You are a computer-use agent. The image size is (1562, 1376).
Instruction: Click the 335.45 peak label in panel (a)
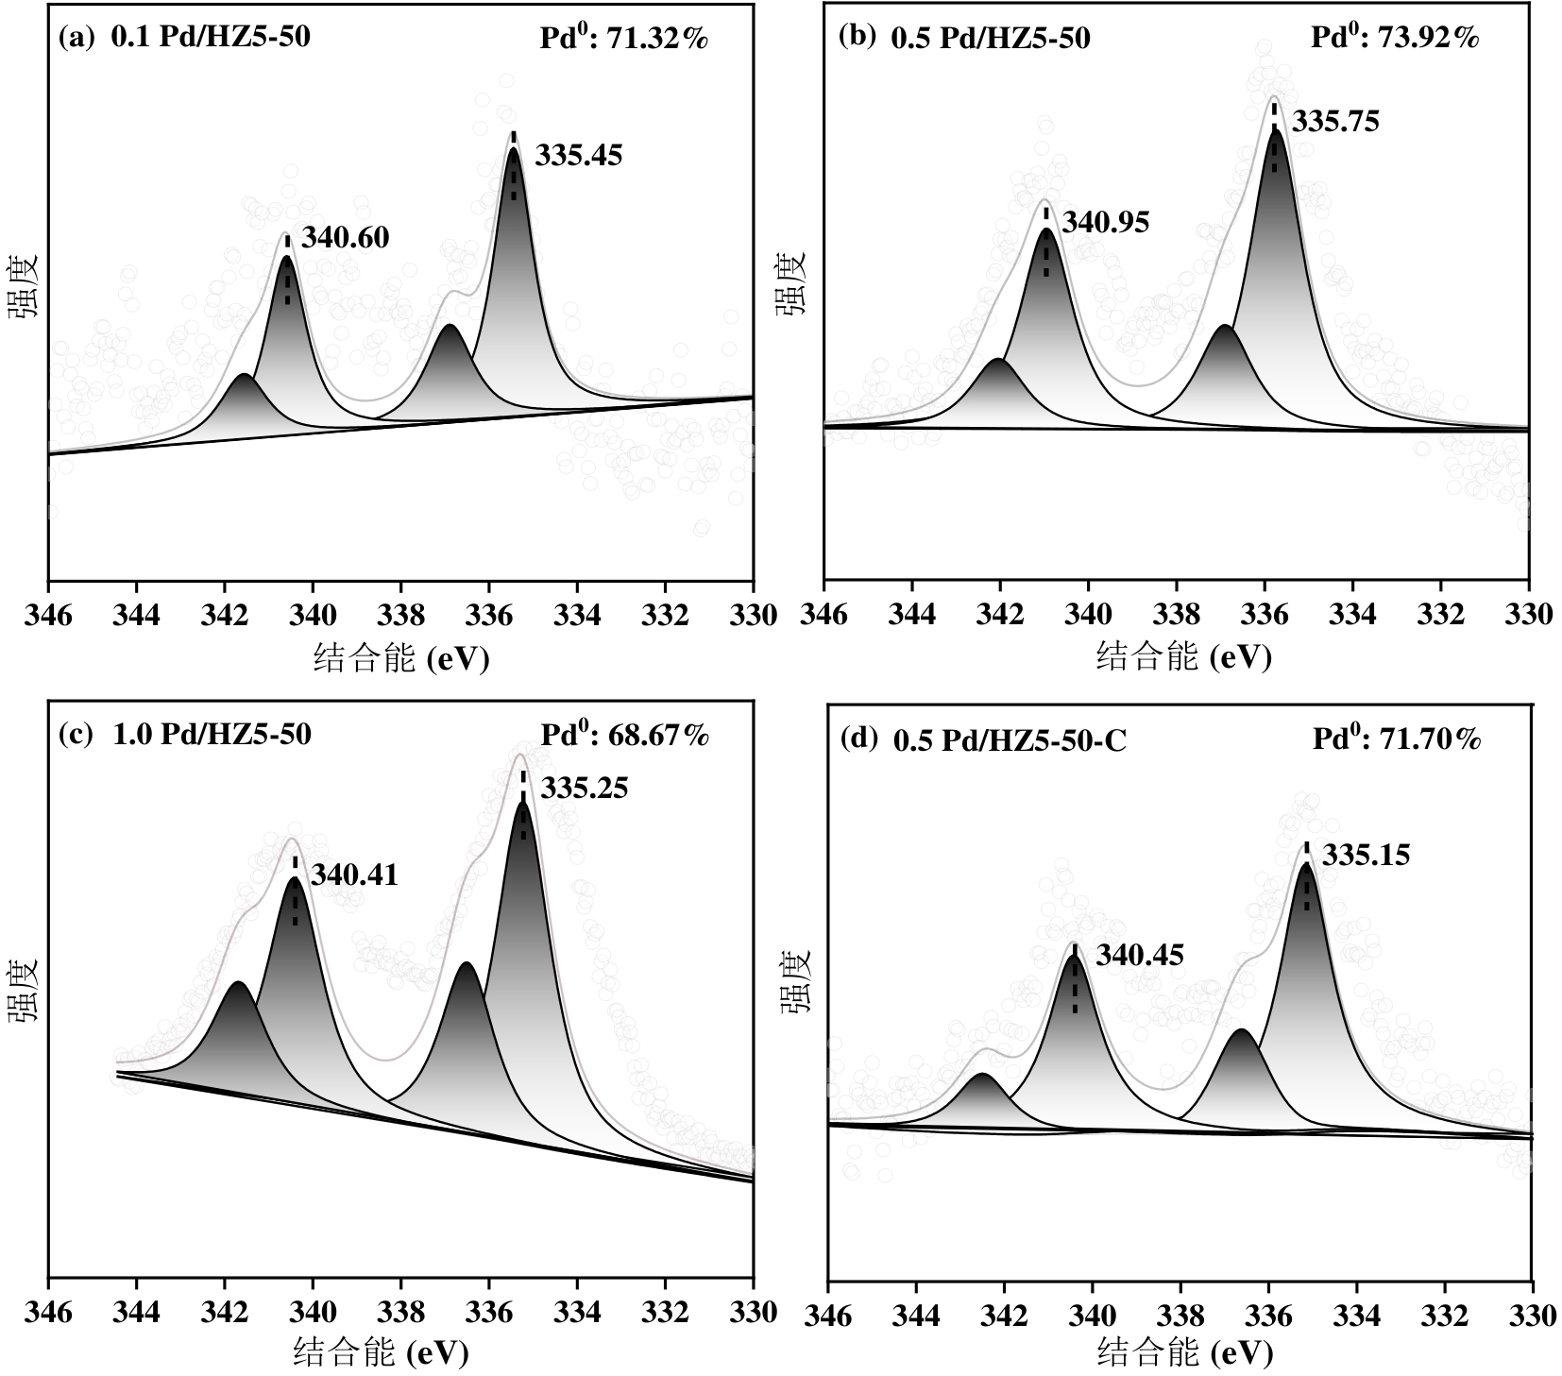coord(579,156)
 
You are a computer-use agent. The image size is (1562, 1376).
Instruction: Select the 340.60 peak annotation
coord(345,238)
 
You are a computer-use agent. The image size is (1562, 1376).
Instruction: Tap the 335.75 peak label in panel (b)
coord(1335,122)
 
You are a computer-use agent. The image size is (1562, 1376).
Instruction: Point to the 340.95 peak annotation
coord(1106,223)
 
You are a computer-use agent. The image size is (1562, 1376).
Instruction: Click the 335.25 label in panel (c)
coord(584,788)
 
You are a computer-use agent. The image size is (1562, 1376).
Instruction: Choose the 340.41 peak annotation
coord(354,875)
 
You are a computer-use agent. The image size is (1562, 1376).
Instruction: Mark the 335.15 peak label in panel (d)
coord(1366,856)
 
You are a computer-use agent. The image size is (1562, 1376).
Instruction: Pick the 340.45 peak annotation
coord(1139,956)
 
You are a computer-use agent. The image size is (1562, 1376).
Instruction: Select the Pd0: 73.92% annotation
coord(1395,38)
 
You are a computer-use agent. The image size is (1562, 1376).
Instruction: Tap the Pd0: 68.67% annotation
coord(623,736)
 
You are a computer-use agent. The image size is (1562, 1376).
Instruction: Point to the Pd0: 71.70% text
coord(1397,739)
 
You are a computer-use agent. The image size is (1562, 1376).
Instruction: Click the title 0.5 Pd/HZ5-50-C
coord(1010,740)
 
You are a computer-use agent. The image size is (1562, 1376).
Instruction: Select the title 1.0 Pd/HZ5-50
coord(212,735)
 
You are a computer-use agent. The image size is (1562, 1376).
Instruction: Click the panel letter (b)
coord(857,38)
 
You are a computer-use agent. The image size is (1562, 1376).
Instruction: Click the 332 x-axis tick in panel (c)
coord(665,1313)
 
